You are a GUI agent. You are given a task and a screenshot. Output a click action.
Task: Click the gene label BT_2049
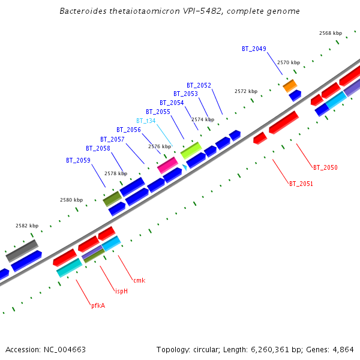point(254,49)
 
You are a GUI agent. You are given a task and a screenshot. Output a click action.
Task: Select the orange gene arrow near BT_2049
point(290,85)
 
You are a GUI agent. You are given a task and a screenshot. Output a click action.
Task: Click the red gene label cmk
point(139,280)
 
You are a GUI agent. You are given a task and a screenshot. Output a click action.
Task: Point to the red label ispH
point(121,291)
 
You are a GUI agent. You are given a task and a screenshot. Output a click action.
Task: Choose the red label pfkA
point(98,305)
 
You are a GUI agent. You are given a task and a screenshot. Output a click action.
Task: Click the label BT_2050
point(325,167)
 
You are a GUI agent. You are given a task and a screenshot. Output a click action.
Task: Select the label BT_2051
point(301,183)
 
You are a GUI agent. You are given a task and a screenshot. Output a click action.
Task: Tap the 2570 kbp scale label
point(288,62)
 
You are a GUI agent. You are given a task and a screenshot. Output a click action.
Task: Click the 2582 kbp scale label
point(27,226)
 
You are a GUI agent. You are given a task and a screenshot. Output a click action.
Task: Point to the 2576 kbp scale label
point(159,146)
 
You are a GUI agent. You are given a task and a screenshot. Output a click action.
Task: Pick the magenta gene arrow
point(167,165)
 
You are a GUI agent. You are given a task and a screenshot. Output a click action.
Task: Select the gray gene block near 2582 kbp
point(22,250)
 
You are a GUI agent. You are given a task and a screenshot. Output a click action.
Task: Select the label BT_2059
point(78,160)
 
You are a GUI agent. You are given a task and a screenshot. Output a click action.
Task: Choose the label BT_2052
point(199,85)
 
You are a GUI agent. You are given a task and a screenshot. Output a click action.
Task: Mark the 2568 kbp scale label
point(330,33)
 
